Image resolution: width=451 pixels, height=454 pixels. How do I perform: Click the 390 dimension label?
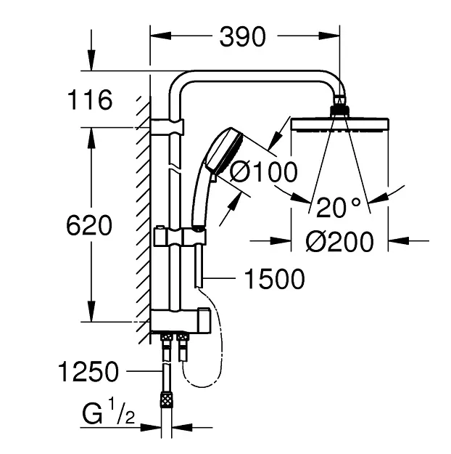[x=242, y=36]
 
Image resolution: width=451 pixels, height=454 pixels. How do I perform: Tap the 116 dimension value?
[x=89, y=100]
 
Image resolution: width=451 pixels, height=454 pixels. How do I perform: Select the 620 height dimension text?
[x=89, y=226]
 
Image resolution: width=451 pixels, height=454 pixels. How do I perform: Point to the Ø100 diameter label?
[x=263, y=172]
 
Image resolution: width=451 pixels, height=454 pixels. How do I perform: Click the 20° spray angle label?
[x=338, y=207]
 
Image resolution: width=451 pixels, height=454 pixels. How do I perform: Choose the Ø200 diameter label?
[x=339, y=241]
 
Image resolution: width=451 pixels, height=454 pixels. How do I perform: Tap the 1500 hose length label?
[x=274, y=279]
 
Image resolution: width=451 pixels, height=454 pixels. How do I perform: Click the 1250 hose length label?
[x=88, y=371]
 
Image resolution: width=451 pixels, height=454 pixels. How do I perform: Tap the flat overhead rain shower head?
[x=339, y=124]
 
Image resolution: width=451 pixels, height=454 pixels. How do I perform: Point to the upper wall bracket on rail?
[x=167, y=126]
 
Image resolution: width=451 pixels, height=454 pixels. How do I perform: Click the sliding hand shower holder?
[x=180, y=236]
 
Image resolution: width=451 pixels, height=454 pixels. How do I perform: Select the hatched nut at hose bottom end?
[x=166, y=400]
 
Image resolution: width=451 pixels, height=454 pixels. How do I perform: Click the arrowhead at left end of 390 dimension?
[x=160, y=36]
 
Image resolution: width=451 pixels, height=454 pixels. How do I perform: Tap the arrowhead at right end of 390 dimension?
[x=329, y=36]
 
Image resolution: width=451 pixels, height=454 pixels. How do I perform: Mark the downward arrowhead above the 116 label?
[x=91, y=60]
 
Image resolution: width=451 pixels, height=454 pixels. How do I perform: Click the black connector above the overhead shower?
[x=339, y=111]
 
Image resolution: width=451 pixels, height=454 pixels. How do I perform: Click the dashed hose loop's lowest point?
[x=203, y=387]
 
